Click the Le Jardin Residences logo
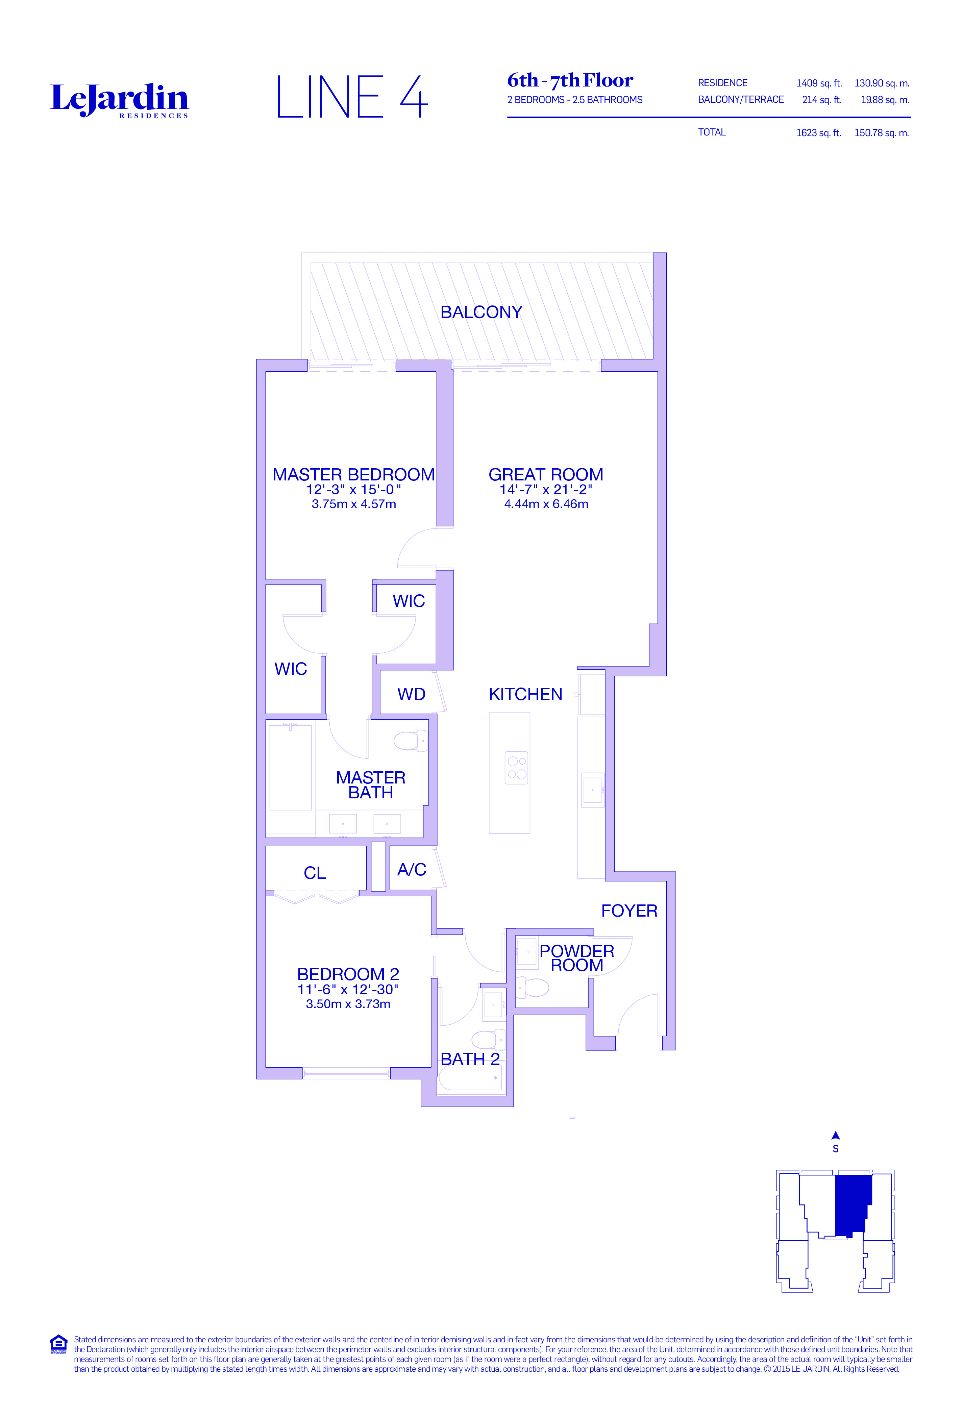pos(119,100)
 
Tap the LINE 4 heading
pos(352,97)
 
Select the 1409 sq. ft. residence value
pos(818,83)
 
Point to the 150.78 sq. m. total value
pos(881,132)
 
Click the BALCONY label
pos(481,312)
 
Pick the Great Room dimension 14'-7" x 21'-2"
pos(546,489)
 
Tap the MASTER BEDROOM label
pos(353,474)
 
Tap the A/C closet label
pos(412,869)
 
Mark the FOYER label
pos(629,911)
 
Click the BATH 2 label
pos(470,1060)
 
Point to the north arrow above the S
pos(835,1136)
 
